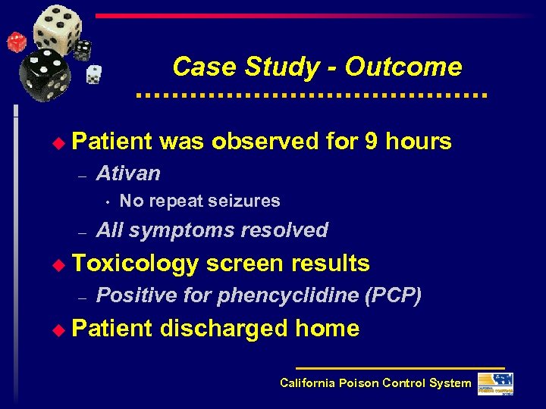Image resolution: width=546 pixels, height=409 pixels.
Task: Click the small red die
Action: [x=17, y=42]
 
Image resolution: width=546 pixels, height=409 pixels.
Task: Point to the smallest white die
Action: [x=93, y=73]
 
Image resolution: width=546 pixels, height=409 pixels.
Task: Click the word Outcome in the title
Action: [x=403, y=67]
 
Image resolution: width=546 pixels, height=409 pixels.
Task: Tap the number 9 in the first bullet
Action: [x=371, y=141]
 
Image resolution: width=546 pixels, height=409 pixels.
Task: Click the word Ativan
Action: [x=129, y=173]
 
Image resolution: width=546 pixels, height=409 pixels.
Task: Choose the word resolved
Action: [x=284, y=229]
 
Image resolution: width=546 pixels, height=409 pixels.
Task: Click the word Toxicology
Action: [x=136, y=264]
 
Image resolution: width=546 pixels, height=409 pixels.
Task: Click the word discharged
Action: [x=224, y=329]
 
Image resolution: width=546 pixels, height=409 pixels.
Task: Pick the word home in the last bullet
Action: [x=328, y=329]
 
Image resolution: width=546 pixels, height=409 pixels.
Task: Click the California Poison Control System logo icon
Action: [x=494, y=383]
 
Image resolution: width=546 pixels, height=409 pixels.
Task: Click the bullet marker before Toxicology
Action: [x=63, y=264]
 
